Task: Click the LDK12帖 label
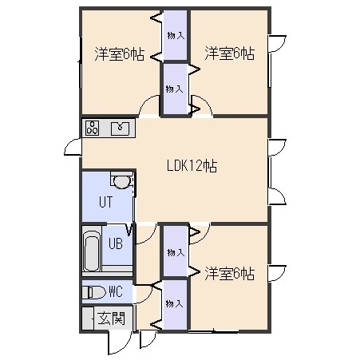192,166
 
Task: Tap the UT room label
106,202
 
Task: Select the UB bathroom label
116,243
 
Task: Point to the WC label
116,291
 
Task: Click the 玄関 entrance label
111,318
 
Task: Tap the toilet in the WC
93,293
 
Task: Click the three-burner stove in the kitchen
92,128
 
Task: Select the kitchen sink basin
120,128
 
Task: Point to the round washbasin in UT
121,182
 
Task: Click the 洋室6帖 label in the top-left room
120,54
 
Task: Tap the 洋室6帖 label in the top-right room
230,53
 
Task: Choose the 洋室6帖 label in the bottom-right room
230,274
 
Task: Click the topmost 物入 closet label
176,36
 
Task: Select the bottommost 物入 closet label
174,303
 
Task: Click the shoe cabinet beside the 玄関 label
88,318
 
